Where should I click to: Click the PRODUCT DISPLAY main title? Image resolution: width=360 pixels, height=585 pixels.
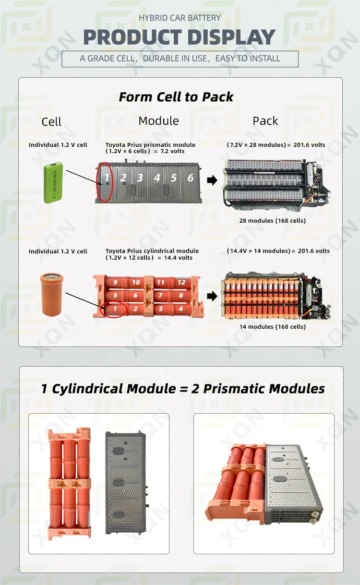coord(180,37)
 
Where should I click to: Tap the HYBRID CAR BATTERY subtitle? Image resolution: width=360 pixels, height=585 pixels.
coord(180,18)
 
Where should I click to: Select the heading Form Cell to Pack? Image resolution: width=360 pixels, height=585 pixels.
coord(176,97)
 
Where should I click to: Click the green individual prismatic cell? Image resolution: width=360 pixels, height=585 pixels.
coord(53,182)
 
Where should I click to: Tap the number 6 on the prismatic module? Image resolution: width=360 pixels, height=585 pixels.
coord(190,178)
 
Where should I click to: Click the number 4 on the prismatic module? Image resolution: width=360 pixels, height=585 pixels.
coord(157,178)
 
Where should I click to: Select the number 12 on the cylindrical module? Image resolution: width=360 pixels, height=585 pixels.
coord(181,283)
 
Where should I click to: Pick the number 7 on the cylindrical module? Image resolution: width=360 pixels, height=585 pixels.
coord(161,296)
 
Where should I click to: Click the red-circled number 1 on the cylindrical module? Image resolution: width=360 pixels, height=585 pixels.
coord(115,309)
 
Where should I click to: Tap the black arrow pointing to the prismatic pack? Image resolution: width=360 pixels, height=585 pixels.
coord(212,180)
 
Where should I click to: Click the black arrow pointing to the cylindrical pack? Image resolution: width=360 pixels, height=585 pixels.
coord(212,296)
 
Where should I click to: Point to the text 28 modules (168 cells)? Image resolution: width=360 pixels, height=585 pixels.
coord(272,221)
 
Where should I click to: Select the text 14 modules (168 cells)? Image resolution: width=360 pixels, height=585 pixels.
coord(272,327)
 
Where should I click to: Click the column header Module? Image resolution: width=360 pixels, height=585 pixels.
coord(158,121)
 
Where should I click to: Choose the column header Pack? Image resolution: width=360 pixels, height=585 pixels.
coord(265,121)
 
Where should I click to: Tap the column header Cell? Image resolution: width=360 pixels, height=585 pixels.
coord(51,122)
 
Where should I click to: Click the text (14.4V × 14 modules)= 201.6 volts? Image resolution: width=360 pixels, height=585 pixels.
coord(278,251)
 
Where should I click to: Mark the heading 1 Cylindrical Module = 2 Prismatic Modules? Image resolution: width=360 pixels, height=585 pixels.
coord(182,388)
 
